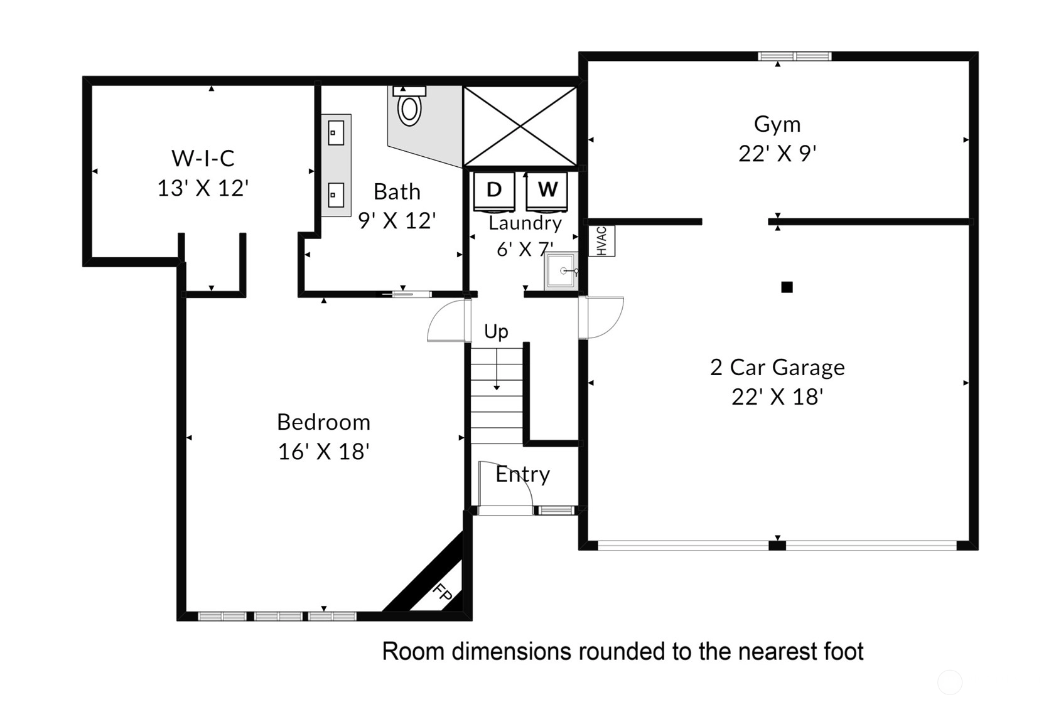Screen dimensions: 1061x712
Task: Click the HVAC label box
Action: [601, 241]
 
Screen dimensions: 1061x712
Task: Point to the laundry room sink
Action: [561, 271]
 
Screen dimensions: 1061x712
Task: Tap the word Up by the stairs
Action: [496, 332]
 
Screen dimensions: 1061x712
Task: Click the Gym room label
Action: [777, 124]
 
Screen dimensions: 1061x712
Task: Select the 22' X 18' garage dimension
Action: [777, 396]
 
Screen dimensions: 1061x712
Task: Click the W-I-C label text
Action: [203, 158]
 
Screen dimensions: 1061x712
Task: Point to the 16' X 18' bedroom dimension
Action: [323, 452]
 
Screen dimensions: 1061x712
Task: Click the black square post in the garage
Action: [787, 287]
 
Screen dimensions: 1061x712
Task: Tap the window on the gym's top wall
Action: [794, 56]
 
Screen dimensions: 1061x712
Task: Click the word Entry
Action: [523, 474]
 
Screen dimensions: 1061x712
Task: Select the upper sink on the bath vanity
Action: [336, 132]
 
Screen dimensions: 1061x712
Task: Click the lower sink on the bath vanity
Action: [336, 195]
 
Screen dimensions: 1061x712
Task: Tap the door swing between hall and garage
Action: [601, 317]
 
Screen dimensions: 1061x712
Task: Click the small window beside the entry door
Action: [556, 511]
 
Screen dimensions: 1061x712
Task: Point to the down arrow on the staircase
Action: [497, 369]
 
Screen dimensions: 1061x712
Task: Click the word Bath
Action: [397, 192]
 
